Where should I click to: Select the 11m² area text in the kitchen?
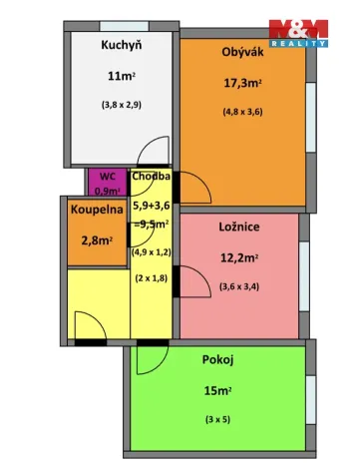[x=122, y=75]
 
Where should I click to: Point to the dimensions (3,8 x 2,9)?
[x=122, y=105]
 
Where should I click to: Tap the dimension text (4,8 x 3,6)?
[x=242, y=112]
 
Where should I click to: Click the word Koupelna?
[x=96, y=211]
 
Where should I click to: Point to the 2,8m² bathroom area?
[x=95, y=239]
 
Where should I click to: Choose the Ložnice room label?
[x=239, y=228]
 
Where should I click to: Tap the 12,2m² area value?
[x=239, y=257]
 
